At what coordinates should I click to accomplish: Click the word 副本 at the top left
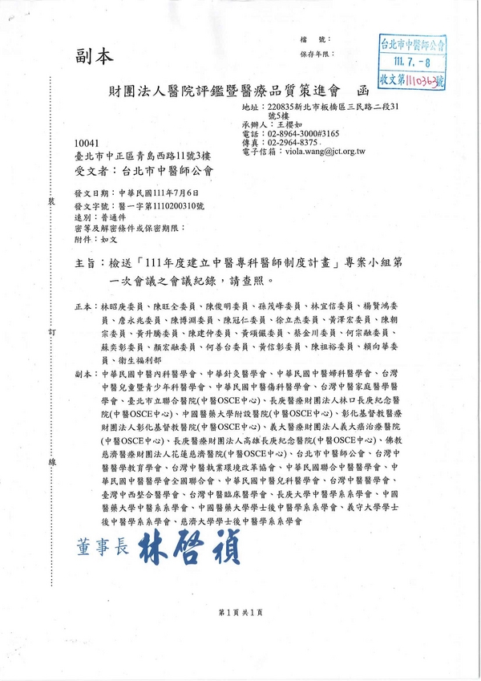(95, 57)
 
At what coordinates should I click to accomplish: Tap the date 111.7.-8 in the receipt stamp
(415, 61)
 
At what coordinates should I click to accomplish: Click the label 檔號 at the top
(308, 39)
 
